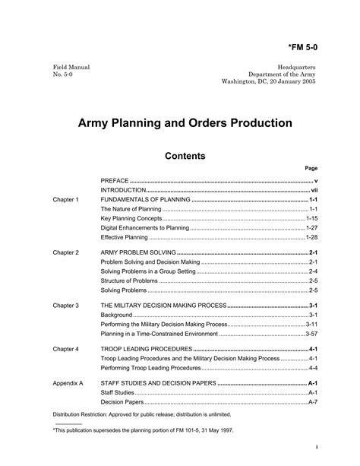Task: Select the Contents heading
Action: tap(185, 156)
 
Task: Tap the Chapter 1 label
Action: tap(65, 198)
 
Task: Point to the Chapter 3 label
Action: tap(65, 305)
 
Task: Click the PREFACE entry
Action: tap(115, 180)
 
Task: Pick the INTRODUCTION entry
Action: tap(123, 189)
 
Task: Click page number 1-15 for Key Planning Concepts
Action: tap(311, 218)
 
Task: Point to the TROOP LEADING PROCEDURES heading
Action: tap(141, 349)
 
